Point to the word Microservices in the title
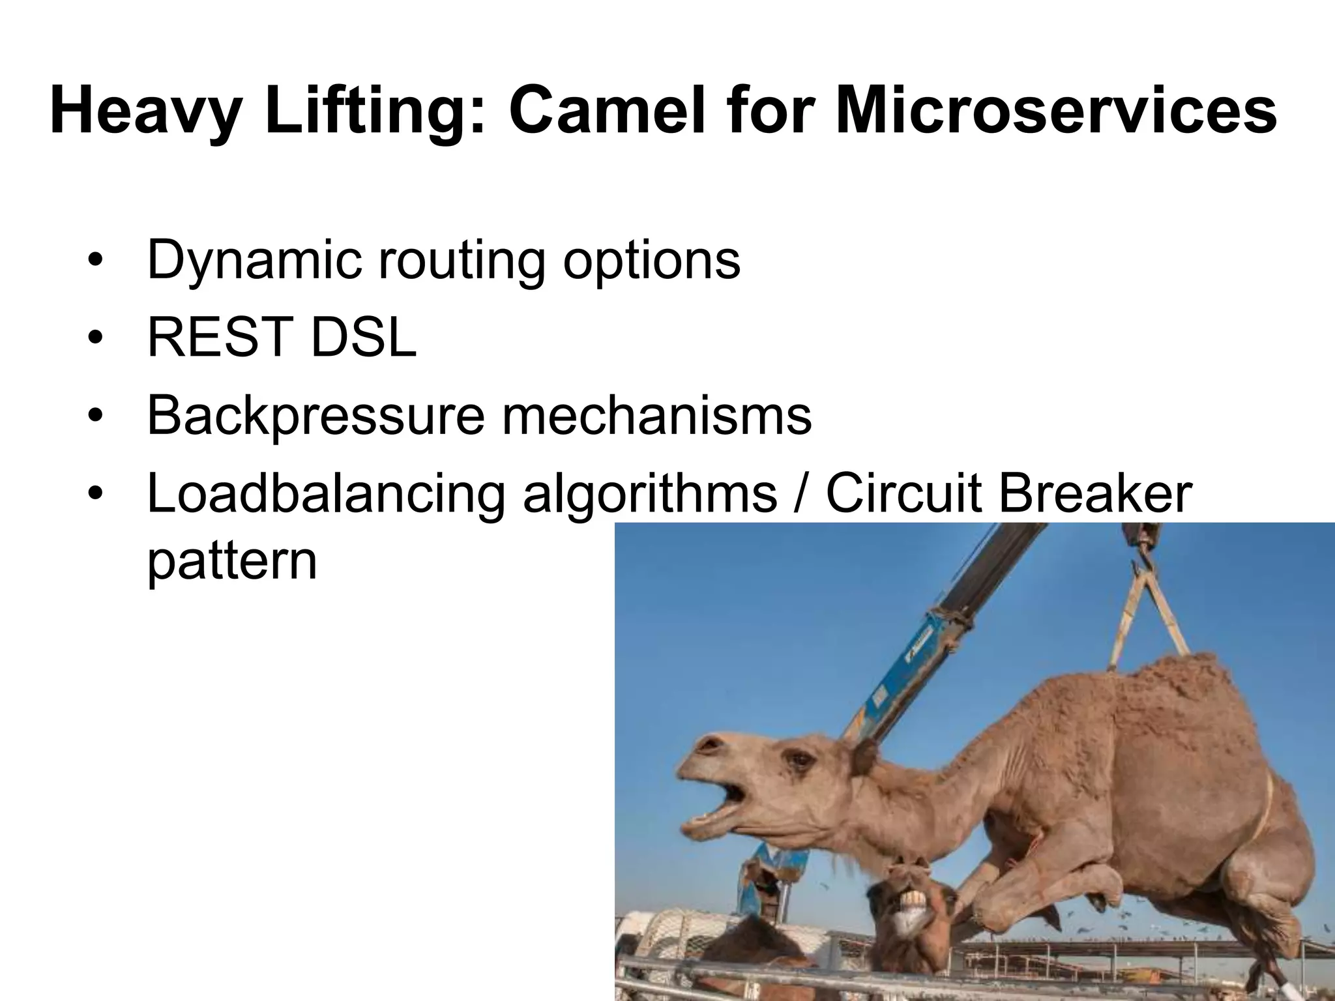click(x=1056, y=111)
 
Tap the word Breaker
click(x=1095, y=493)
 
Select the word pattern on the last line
click(x=232, y=562)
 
